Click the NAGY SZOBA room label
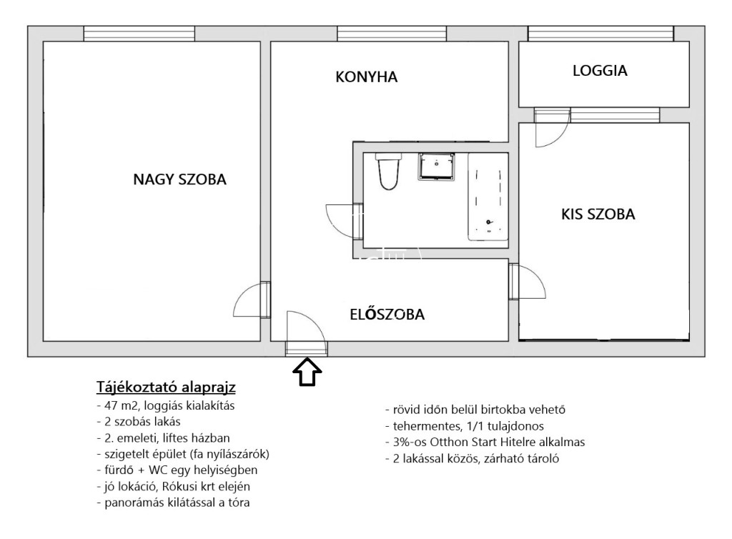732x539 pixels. pos(179,179)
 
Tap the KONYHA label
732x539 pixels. pos(367,77)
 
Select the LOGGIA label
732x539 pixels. pos(600,71)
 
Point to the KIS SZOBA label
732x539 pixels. pos(598,214)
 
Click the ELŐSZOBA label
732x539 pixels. pos(387,314)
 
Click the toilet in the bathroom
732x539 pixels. pos(388,172)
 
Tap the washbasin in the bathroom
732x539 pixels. pos(437,167)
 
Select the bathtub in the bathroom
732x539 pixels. pos(488,197)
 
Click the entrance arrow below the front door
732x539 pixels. pos(307,372)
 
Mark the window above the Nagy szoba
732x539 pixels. pos(139,34)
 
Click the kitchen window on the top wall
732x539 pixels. pos(392,34)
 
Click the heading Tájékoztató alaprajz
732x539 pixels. pos(166,387)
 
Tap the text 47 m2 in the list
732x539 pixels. pos(118,405)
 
